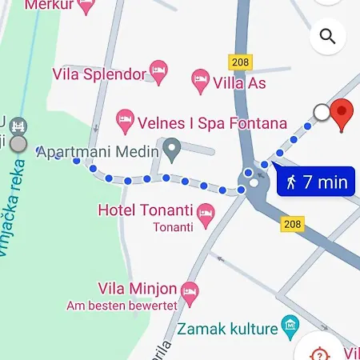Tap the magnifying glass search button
point(327,36)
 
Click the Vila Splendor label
point(99,74)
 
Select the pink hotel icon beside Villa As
point(200,81)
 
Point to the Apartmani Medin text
point(98,150)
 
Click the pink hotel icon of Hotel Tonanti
point(206,212)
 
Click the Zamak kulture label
point(227,327)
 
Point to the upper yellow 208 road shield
point(239,62)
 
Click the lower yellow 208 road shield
point(293,224)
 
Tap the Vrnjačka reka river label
point(12,216)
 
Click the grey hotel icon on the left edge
point(19,126)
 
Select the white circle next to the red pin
point(322,113)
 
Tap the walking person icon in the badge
point(290,182)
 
